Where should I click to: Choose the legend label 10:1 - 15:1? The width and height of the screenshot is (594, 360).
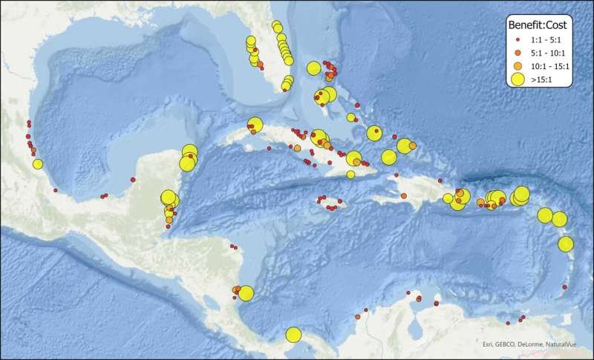pyautogui.click(x=550, y=65)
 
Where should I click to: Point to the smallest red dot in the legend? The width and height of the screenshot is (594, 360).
pyautogui.click(x=517, y=39)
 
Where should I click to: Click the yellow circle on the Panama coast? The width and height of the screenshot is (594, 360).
pyautogui.click(x=293, y=335)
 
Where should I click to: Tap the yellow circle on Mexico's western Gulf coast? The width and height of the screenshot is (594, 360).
pyautogui.click(x=38, y=164)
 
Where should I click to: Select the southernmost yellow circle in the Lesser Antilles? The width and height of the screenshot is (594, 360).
pyautogui.click(x=566, y=244)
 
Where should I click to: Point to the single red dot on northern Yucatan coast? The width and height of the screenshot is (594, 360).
pyautogui.click(x=132, y=177)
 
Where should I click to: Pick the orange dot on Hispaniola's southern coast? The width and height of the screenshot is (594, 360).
pyautogui.click(x=403, y=195)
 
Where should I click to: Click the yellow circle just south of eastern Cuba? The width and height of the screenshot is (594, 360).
pyautogui.click(x=350, y=174)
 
